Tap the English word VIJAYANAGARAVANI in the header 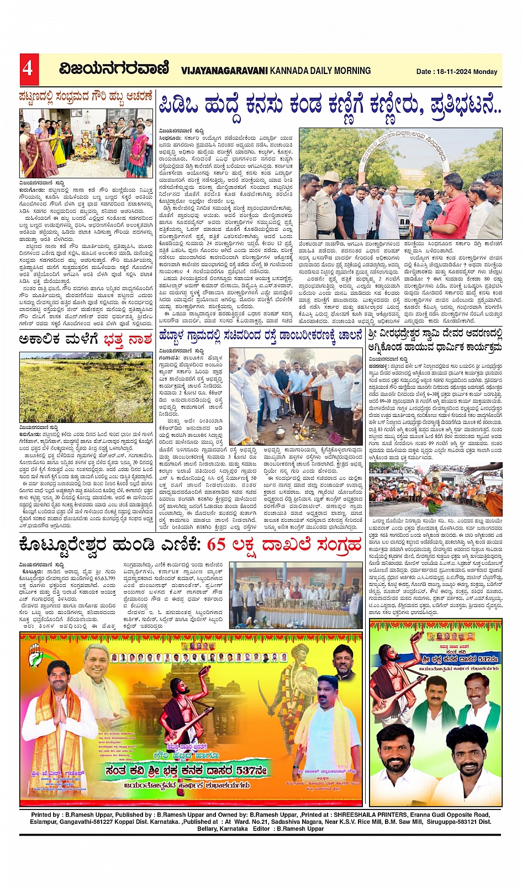(x=224, y=71)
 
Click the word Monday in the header (x=486, y=72)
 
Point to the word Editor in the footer (x=261, y=829)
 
